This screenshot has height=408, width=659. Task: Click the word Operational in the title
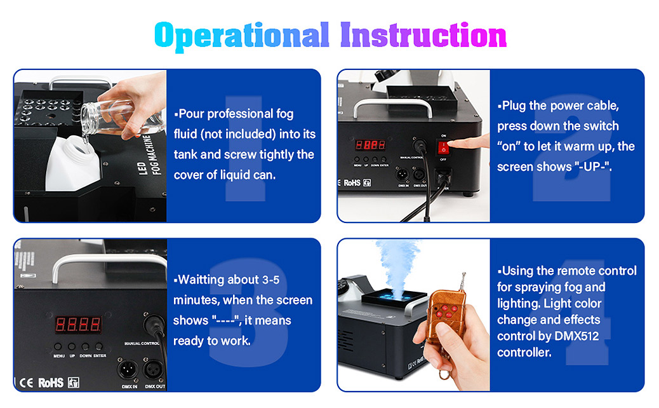[x=242, y=36]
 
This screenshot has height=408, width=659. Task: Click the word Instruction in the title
[x=423, y=35]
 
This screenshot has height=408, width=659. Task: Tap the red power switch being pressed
[x=443, y=148]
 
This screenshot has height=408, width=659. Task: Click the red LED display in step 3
[x=78, y=325]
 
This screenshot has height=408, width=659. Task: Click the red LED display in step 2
[x=370, y=145]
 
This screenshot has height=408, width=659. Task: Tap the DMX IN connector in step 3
[x=127, y=370]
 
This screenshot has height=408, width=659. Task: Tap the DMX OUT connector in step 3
[x=154, y=370]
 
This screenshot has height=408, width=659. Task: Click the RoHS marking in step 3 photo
[x=51, y=383]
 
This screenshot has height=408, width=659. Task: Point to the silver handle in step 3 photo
[x=109, y=262]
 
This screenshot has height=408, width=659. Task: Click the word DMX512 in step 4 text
[x=576, y=336]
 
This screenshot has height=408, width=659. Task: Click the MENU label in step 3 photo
[x=59, y=356]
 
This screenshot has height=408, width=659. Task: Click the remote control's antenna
[x=463, y=282]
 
